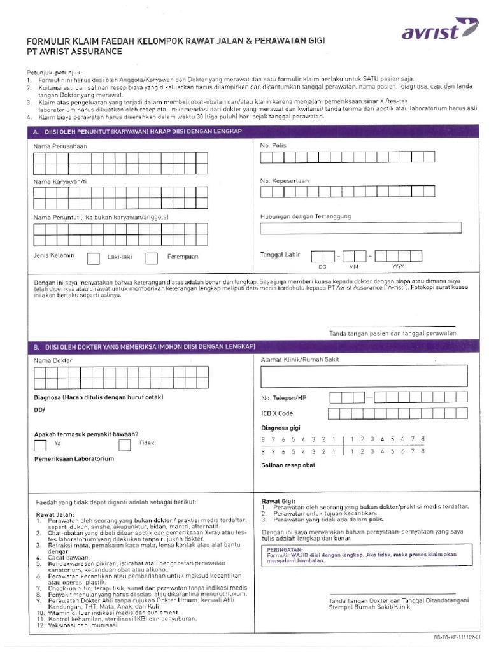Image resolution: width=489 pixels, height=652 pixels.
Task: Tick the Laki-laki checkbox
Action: [93, 258]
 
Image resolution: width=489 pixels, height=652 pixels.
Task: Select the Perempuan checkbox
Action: [152, 258]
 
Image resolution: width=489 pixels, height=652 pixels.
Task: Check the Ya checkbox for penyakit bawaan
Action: [40, 444]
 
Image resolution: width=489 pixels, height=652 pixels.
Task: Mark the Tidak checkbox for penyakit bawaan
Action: [125, 444]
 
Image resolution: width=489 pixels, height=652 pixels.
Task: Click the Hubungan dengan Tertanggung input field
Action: [361, 228]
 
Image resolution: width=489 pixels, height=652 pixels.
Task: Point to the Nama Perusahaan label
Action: [60, 146]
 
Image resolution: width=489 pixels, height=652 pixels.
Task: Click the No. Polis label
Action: [273, 146]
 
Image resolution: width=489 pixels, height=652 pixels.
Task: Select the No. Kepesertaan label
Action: [284, 181]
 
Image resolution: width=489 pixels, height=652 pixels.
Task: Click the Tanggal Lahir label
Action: [280, 255]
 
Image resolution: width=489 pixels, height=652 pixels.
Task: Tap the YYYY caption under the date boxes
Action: [398, 267]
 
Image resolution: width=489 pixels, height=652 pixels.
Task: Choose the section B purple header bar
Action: [253, 346]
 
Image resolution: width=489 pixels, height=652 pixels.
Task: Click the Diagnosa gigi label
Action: [280, 428]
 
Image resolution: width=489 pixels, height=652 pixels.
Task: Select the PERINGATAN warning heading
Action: [285, 548]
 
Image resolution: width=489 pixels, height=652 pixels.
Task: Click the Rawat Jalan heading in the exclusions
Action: [55, 514]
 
